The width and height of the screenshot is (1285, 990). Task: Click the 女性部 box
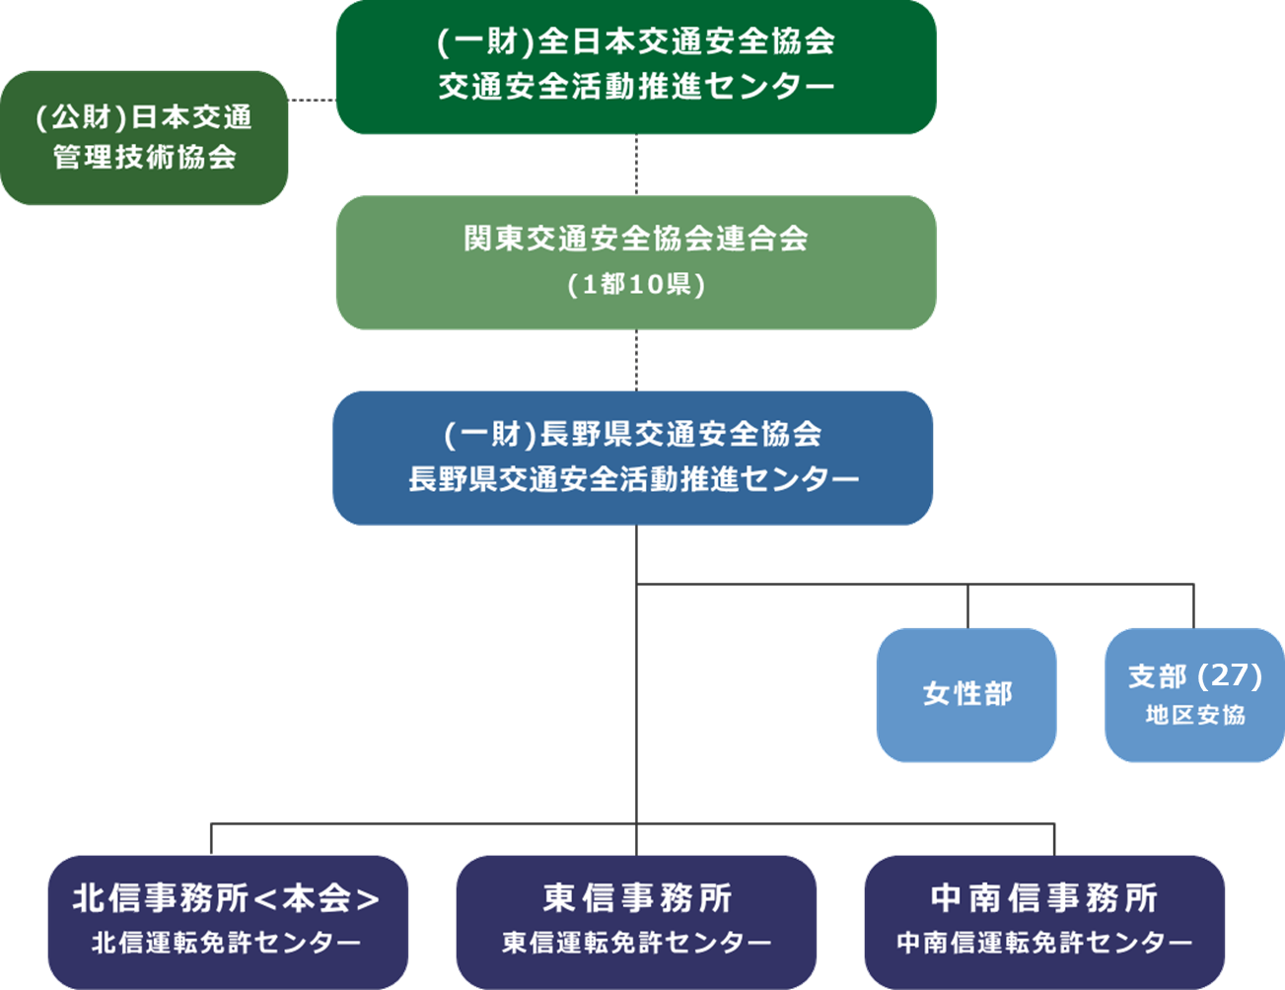tap(966, 694)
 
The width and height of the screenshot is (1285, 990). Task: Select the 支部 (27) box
tap(1194, 694)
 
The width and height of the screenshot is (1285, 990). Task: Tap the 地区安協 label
tap(1195, 715)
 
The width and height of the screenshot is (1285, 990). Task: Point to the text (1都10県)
tap(636, 285)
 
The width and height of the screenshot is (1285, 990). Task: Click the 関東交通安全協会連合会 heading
tap(636, 239)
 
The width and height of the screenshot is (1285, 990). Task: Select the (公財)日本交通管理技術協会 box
tap(144, 137)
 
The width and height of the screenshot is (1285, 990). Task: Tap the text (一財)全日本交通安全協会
tap(636, 41)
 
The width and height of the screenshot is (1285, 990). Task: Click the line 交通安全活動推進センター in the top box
tap(636, 87)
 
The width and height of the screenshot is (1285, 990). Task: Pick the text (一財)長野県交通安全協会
tap(633, 434)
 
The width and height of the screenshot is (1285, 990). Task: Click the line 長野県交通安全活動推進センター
tap(633, 479)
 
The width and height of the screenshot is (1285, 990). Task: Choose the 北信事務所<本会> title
tap(227, 898)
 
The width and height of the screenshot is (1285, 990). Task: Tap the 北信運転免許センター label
tap(227, 943)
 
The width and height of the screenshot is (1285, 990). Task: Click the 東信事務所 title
tap(637, 898)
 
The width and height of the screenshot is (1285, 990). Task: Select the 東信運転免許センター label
tap(637, 943)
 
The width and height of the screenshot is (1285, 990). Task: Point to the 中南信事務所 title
tap(1044, 898)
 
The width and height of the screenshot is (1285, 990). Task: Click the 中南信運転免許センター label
tap(1044, 943)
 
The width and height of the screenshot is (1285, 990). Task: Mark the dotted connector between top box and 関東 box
tap(636, 165)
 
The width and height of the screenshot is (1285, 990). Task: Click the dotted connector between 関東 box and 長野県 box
tap(636, 360)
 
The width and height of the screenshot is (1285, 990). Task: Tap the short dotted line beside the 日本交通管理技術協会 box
tap(313, 100)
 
